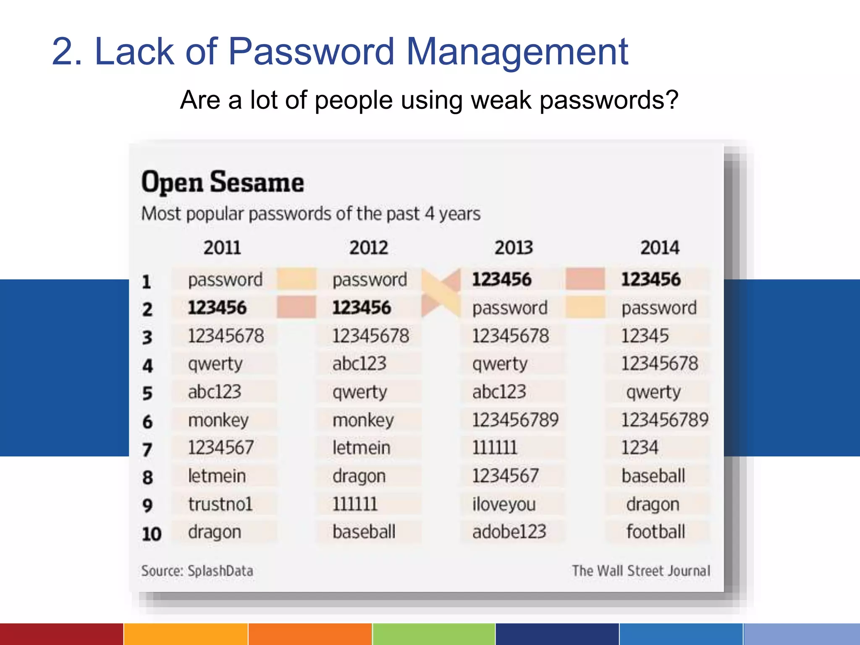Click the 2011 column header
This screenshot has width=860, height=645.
pyautogui.click(x=222, y=247)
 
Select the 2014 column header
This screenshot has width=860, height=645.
pyautogui.click(x=659, y=247)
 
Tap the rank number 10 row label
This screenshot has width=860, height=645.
pyautogui.click(x=152, y=534)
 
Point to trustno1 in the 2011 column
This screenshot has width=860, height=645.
pyautogui.click(x=220, y=504)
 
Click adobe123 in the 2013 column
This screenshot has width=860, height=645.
pyautogui.click(x=509, y=532)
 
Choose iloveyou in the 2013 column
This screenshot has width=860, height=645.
pyautogui.click(x=504, y=504)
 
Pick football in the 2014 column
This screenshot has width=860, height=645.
pyautogui.click(x=655, y=532)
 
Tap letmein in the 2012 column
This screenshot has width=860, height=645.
pyautogui.click(x=361, y=448)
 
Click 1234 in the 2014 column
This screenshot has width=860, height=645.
pyautogui.click(x=640, y=448)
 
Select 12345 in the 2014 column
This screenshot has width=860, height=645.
pyautogui.click(x=645, y=336)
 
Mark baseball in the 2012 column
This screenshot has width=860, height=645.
pyautogui.click(x=364, y=532)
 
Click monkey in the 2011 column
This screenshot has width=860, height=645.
pyautogui.click(x=218, y=420)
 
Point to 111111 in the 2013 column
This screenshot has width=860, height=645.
pyautogui.click(x=495, y=448)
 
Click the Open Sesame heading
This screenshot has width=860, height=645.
pyautogui.click(x=223, y=182)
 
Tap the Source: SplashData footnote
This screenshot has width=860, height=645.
pyautogui.click(x=197, y=571)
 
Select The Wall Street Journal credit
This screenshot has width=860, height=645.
pyautogui.click(x=641, y=571)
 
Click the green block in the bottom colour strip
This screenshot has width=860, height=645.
pyautogui.click(x=434, y=634)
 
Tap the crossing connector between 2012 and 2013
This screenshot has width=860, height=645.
pyautogui.click(x=441, y=293)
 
